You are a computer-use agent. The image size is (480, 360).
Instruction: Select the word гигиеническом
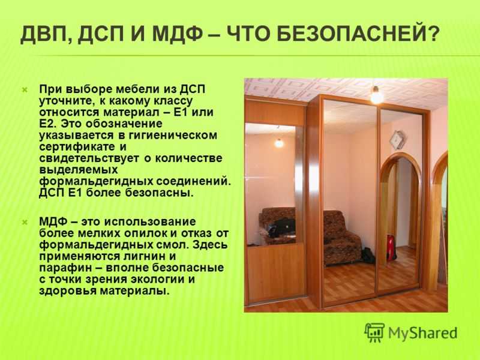[173, 136]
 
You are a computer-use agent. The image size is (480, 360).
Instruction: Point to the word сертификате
[77, 146]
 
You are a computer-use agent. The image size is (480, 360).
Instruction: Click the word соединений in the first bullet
[193, 181]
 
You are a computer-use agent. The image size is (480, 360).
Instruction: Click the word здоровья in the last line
[68, 290]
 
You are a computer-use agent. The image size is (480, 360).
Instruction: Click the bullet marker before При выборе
[25, 89]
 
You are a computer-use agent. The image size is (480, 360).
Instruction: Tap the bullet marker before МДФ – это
[25, 222]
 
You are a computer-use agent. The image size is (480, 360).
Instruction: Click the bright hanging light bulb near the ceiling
[376, 95]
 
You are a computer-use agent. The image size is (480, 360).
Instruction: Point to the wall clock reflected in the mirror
[398, 140]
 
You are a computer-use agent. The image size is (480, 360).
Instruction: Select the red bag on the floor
[391, 247]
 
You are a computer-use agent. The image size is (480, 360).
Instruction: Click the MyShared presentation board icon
[374, 332]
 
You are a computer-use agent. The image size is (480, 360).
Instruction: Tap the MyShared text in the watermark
[423, 334]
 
